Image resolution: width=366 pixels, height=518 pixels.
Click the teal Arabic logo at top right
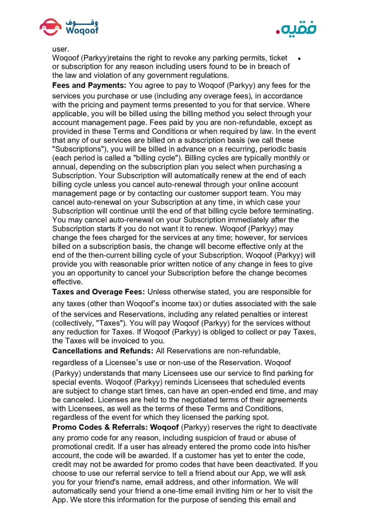[x=295, y=28]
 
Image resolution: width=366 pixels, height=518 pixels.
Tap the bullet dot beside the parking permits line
[x=300, y=59]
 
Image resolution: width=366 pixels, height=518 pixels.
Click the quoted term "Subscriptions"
[x=79, y=149]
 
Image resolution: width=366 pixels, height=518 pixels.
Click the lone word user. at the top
[x=61, y=50]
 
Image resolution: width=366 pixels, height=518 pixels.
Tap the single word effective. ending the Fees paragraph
[x=68, y=282]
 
